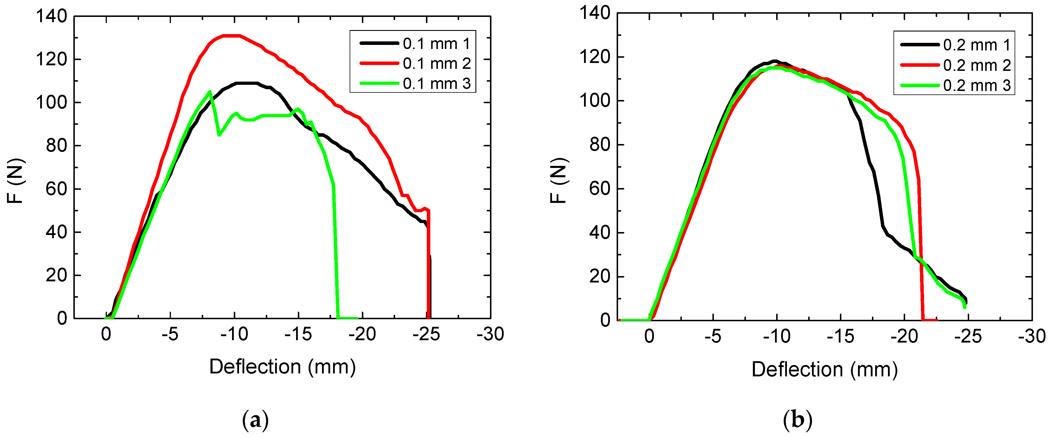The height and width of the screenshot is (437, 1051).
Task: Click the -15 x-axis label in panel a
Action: [x=298, y=334]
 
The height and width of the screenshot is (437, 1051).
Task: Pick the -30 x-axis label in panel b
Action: [x=1031, y=336]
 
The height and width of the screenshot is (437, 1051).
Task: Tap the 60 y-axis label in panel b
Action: [x=599, y=189]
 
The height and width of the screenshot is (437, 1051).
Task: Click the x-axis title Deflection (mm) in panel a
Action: [x=282, y=367]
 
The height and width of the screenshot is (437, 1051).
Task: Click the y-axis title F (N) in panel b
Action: [x=559, y=180]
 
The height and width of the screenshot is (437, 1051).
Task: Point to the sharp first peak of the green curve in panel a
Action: [x=210, y=92]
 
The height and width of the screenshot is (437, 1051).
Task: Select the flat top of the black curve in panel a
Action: [x=247, y=83]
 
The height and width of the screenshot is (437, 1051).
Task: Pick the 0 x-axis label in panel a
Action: [x=106, y=334]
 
